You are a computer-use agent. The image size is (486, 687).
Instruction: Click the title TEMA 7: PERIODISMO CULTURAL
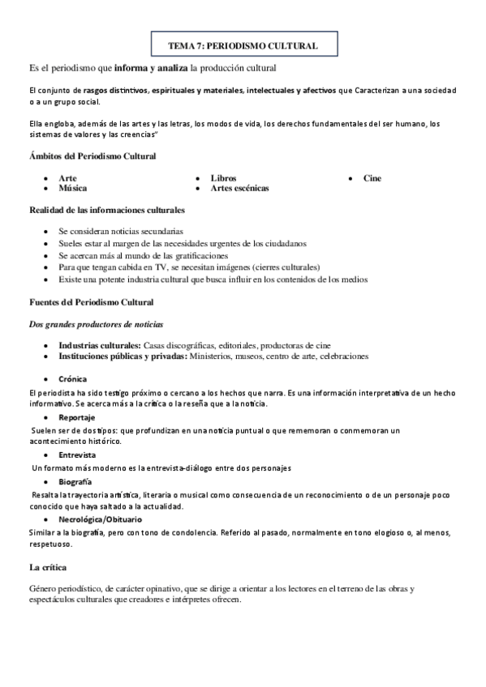[x=243, y=47]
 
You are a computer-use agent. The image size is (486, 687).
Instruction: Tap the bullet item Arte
[x=67, y=178]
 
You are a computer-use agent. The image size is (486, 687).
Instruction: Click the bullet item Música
[x=73, y=188]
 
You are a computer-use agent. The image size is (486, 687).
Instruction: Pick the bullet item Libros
[x=223, y=178]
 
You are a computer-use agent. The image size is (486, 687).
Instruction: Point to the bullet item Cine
[x=372, y=178]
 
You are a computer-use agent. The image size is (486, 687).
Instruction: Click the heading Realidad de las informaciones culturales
[x=107, y=210]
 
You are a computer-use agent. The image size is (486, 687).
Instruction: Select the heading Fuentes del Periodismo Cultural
[x=91, y=302]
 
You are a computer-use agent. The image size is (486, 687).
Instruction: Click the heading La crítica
[x=48, y=566]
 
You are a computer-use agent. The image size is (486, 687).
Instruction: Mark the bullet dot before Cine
[x=351, y=178]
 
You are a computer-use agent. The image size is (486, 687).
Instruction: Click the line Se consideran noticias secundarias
[x=121, y=231]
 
